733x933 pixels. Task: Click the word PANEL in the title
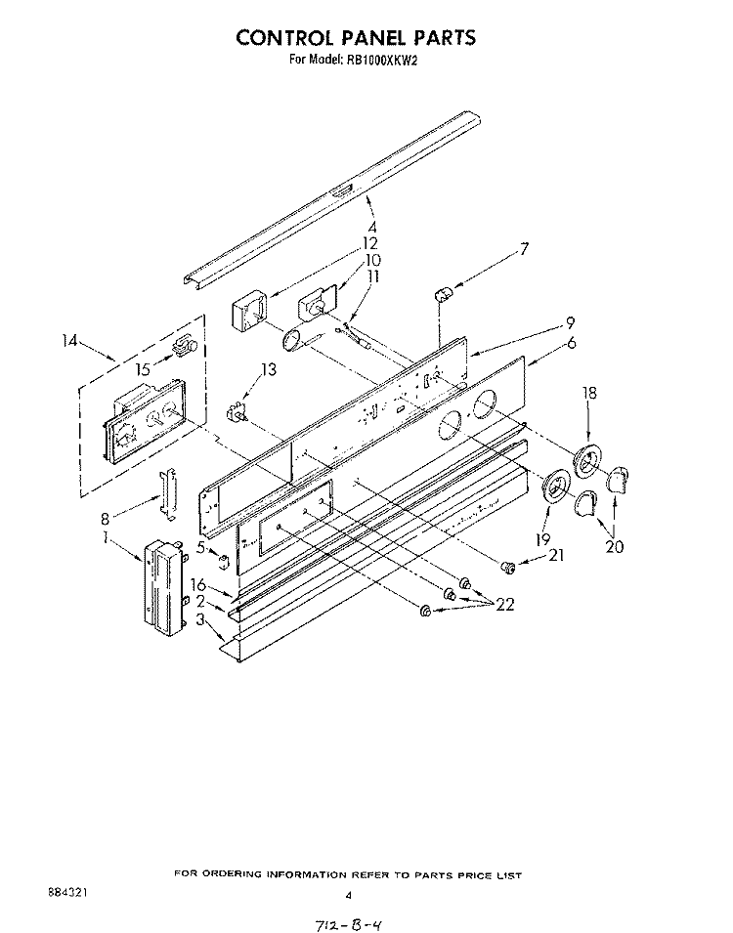(x=370, y=37)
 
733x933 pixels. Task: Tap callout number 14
(x=69, y=341)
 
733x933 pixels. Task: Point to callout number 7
(x=524, y=249)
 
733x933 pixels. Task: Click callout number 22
(x=504, y=605)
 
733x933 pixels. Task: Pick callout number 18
(x=589, y=393)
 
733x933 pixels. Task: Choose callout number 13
(x=269, y=370)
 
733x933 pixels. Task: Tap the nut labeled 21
(x=508, y=568)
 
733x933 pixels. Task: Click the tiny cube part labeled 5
(x=223, y=562)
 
